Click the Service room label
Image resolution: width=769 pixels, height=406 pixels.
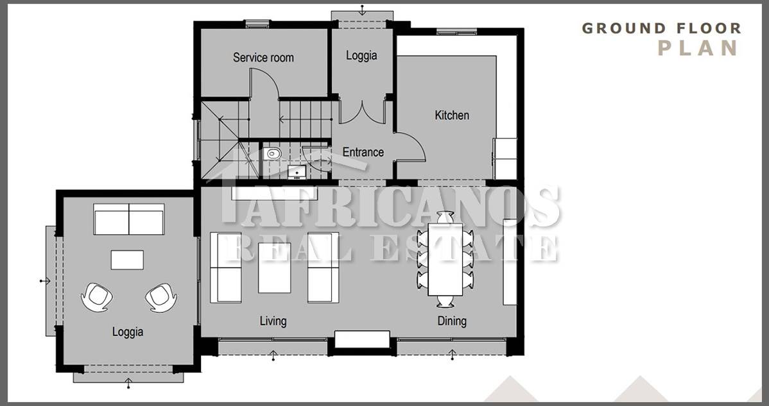pos(263,57)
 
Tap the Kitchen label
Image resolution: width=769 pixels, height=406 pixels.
pos(452,115)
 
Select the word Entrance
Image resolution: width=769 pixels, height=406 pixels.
pos(363,152)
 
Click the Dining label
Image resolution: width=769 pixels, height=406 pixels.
pos(452,321)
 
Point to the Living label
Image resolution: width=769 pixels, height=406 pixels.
pos(273,321)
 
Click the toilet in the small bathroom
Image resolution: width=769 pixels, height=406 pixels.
pos(272,154)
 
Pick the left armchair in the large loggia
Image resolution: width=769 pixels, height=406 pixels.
pos(97,297)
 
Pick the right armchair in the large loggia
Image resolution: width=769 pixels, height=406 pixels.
pos(161,297)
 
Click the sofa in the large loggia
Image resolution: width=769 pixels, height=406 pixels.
pos(129,219)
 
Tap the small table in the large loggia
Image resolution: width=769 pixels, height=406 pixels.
pos(127,260)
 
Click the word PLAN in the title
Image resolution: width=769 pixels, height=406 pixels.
pos(698,48)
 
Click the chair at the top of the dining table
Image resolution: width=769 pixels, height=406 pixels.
pos(445,217)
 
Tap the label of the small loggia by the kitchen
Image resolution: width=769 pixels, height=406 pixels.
pos(361,55)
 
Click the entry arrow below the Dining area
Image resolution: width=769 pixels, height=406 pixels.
pos(452,355)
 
